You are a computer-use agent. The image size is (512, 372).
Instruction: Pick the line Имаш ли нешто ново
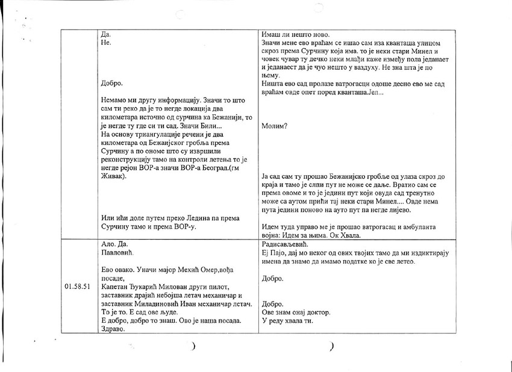297,34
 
